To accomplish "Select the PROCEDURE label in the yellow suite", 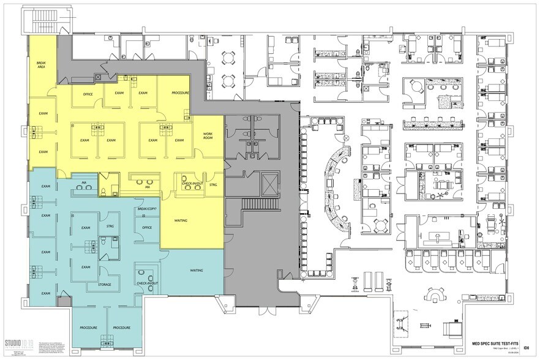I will pos(179,92).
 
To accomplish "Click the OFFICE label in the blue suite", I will pos(147,228).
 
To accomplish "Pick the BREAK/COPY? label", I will pos(147,210).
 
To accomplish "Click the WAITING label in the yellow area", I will pos(181,220).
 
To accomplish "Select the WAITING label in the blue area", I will pos(197,269).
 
